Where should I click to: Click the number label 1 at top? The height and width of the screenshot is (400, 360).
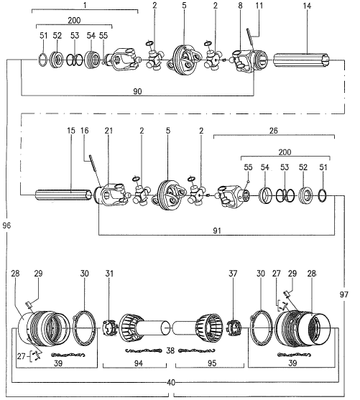click(84, 6)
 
